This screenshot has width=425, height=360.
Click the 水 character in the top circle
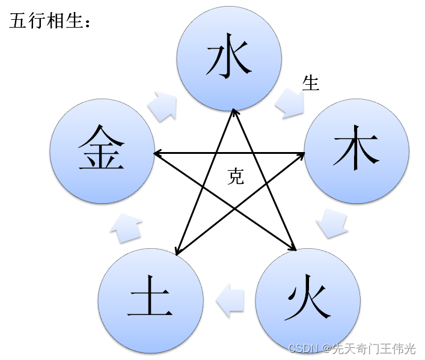click(x=228, y=59)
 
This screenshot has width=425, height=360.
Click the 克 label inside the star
click(x=236, y=175)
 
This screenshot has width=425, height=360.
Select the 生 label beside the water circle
click(x=310, y=83)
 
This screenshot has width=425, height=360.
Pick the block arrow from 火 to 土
click(x=230, y=300)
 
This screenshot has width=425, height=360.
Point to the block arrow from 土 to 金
click(x=127, y=228)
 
